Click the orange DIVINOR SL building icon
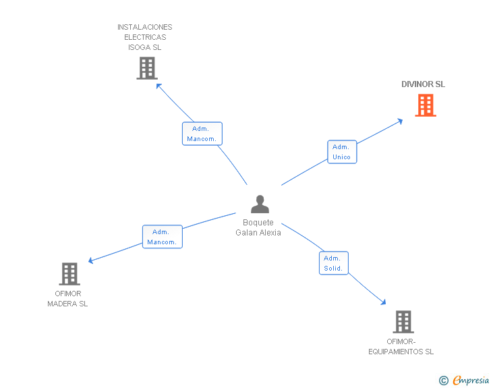click(x=426, y=105)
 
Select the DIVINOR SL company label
click(x=423, y=84)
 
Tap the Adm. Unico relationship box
click(x=342, y=152)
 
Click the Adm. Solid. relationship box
click(x=333, y=263)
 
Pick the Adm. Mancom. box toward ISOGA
click(x=202, y=134)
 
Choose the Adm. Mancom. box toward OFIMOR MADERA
click(x=162, y=237)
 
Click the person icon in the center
click(x=260, y=204)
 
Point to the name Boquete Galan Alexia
click(x=258, y=227)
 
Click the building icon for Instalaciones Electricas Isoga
click(x=147, y=68)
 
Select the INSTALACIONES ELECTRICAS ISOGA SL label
click(x=144, y=37)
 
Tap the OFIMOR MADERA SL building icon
click(x=69, y=273)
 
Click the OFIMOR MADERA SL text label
click(x=67, y=299)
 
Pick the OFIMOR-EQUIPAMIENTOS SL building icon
click(x=403, y=322)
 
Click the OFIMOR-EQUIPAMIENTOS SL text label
click(x=401, y=347)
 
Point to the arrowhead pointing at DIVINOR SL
click(x=400, y=121)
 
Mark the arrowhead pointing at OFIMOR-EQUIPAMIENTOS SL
click(x=383, y=302)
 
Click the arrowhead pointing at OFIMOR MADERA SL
click(x=90, y=260)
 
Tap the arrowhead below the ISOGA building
click(x=158, y=86)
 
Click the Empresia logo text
click(x=471, y=380)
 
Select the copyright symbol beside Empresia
click(x=443, y=381)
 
